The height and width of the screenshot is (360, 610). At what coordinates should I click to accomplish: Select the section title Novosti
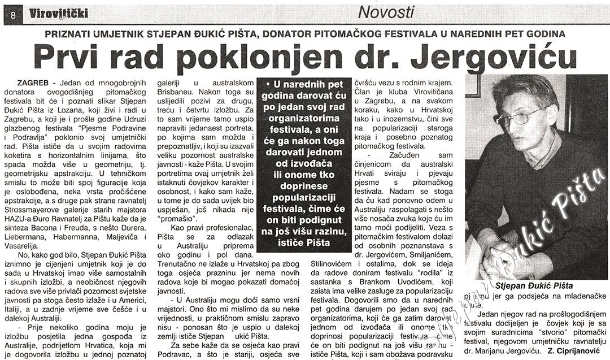(386, 12)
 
